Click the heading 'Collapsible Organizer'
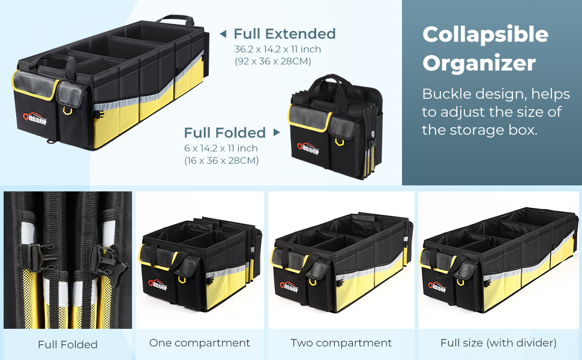pyautogui.click(x=485, y=49)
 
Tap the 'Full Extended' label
pyautogui.click(x=284, y=34)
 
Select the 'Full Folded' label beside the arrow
pyautogui.click(x=225, y=133)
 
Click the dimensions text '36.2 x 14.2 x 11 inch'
pyautogui.click(x=277, y=49)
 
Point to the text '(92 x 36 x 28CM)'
pyautogui.click(x=272, y=61)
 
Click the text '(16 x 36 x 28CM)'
pyautogui.click(x=221, y=160)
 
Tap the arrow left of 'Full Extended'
pyautogui.click(x=223, y=34)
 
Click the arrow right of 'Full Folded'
pyautogui.click(x=277, y=133)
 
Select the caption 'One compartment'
pyautogui.click(x=199, y=343)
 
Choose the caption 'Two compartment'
pyautogui.click(x=341, y=343)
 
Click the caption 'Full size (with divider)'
pyautogui.click(x=499, y=343)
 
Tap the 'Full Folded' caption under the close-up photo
pyautogui.click(x=67, y=344)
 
